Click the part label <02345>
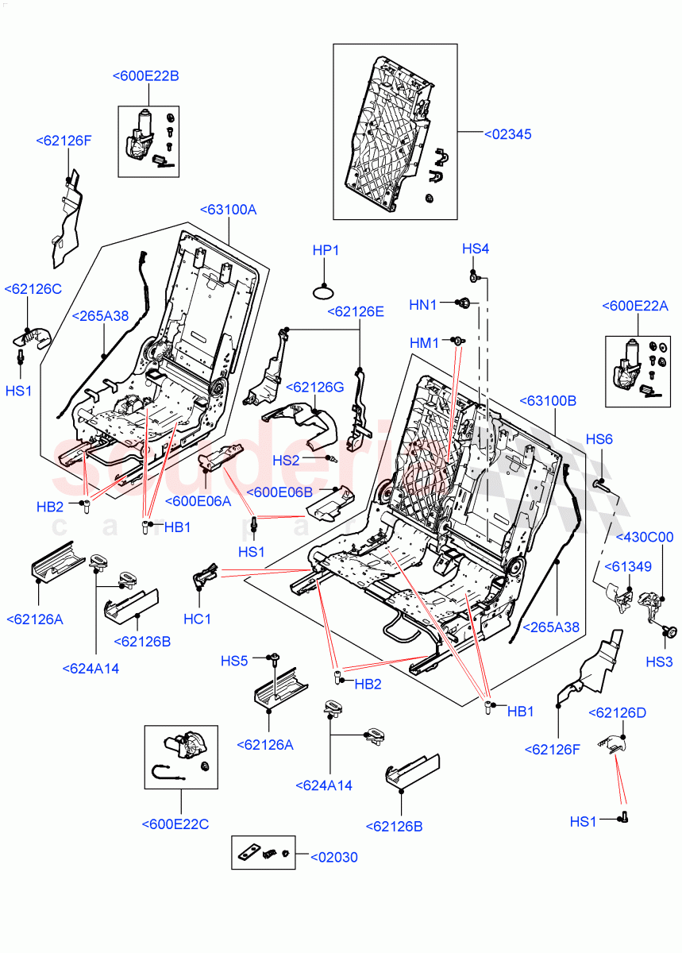(507, 134)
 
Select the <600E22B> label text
(145, 76)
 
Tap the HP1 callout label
(326, 250)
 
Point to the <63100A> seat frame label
(227, 210)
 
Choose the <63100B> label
(548, 401)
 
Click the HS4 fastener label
(476, 249)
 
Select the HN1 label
(423, 304)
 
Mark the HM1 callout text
(425, 342)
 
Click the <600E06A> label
(198, 500)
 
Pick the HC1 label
(197, 618)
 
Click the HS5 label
(234, 660)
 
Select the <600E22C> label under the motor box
(175, 824)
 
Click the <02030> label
(333, 857)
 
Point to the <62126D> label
(617, 712)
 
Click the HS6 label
(599, 439)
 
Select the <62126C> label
(33, 289)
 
